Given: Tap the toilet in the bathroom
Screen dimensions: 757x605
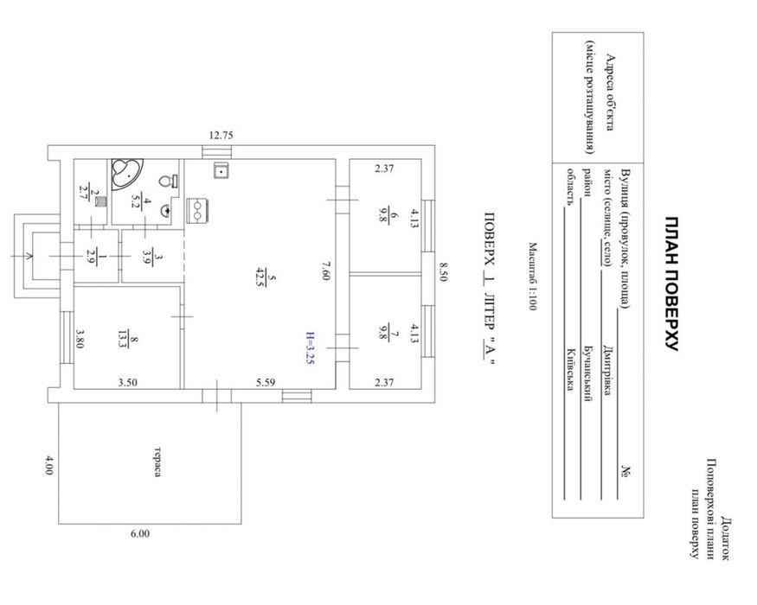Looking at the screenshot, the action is [168, 181].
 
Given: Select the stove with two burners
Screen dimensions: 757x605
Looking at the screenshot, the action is [197, 210].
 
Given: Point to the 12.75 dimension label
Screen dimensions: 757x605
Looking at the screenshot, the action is [221, 136].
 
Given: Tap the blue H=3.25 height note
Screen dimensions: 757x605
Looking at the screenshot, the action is [310, 347].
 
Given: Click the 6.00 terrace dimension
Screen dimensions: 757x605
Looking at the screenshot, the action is [140, 533].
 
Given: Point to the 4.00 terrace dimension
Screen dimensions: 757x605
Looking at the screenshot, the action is [48, 465].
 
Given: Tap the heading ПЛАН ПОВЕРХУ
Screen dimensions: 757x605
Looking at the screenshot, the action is [671, 283].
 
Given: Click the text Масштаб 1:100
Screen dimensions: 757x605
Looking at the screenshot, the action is [532, 277].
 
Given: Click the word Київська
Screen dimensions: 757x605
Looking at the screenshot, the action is [571, 370].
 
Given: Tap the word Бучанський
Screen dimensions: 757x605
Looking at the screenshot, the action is [589, 373].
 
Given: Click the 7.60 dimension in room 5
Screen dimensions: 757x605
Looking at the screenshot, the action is [326, 271].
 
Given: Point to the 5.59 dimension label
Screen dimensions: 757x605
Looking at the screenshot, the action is [266, 383].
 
